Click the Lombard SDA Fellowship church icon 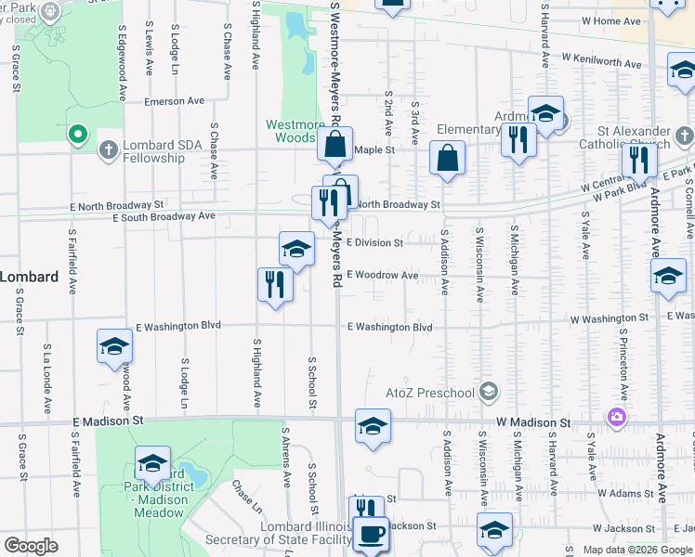(109, 149)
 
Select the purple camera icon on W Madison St (616, 418)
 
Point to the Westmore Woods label (295, 131)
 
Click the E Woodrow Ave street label (382, 276)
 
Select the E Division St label (374, 243)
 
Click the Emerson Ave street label (173, 101)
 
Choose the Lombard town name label (29, 277)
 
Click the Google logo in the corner (31, 546)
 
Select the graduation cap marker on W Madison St (373, 426)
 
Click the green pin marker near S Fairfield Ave (79, 135)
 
